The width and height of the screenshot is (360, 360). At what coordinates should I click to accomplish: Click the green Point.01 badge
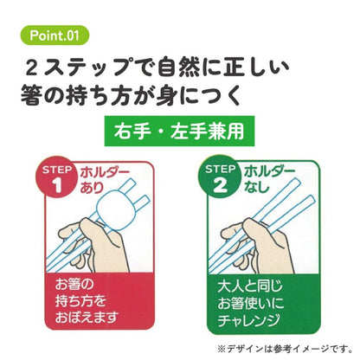coord(55,35)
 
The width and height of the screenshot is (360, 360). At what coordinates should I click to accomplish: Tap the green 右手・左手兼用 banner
coord(179,131)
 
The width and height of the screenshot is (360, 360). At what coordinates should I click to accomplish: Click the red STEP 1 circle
coord(57,177)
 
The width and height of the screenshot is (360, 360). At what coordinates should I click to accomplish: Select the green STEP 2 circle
coord(220,177)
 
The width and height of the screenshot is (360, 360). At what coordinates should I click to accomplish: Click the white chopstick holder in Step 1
coord(113,210)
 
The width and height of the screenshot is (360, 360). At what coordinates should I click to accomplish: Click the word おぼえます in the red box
coord(87,318)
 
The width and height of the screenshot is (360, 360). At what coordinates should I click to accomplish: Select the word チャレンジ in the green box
coord(248,320)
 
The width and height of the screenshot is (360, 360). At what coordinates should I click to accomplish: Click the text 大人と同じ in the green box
coord(249,286)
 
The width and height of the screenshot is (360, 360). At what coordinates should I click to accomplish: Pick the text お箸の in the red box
coord(74,284)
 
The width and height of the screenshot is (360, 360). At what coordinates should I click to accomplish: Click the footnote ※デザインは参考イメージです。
coord(285,350)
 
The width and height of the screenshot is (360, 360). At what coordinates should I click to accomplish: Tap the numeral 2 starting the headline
coord(31,68)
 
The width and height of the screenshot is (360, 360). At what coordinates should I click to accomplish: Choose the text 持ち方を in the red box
coord(80,301)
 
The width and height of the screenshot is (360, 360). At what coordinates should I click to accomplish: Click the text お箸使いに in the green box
coord(251,303)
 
